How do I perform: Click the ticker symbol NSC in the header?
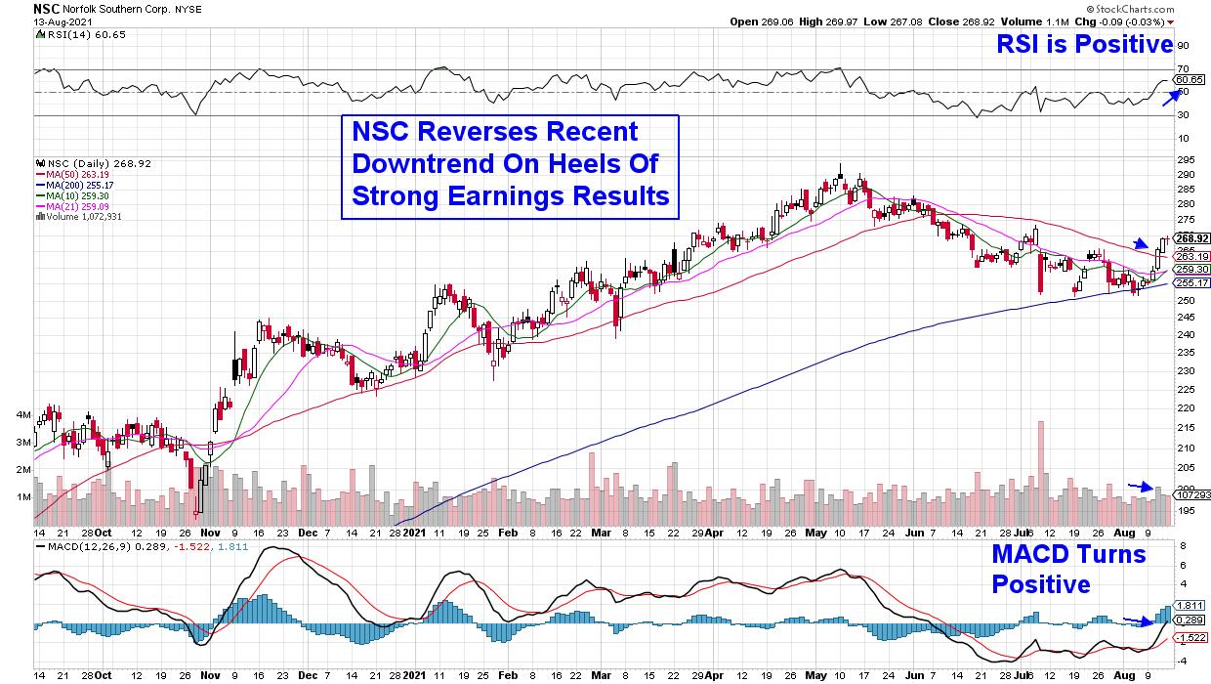coord(46,7)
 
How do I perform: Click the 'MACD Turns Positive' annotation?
coord(1067,569)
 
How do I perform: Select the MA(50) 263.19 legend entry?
coord(70,175)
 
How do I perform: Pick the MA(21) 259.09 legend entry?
coord(70,206)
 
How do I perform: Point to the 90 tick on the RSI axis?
coord(1183,46)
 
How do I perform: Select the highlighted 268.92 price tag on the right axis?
coord(1191,238)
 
